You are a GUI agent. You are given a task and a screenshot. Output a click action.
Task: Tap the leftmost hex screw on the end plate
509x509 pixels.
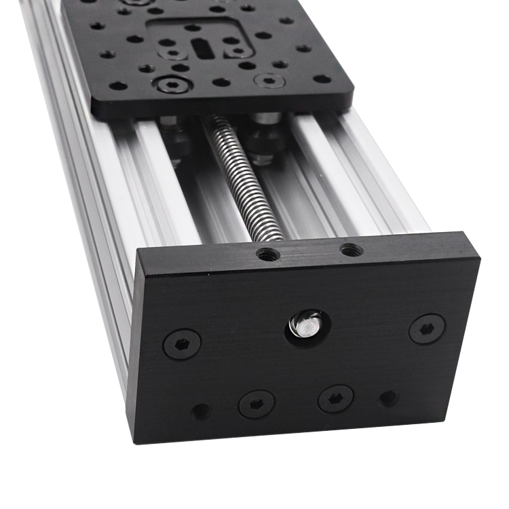tap(182, 345)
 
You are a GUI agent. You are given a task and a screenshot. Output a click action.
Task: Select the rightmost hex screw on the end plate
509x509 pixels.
tap(427, 328)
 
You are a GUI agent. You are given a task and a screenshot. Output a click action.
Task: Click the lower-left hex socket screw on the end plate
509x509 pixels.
tap(257, 404)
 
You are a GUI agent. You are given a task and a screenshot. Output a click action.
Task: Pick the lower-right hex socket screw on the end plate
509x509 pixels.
tap(336, 398)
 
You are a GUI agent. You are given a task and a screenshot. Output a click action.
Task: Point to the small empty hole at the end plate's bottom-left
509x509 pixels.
tap(201, 411)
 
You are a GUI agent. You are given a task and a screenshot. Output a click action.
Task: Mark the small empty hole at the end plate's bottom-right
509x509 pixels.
tap(388, 398)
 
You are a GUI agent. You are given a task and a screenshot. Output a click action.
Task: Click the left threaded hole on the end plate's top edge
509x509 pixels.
tap(268, 255)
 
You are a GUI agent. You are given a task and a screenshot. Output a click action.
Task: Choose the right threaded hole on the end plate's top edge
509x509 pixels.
tap(351, 250)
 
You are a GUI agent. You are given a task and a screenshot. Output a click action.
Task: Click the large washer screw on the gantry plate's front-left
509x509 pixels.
tap(167, 85)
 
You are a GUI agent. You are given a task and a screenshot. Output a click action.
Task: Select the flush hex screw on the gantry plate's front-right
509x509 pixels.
tap(269, 81)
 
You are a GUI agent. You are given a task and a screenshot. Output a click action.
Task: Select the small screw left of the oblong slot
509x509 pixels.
tap(174, 52)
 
